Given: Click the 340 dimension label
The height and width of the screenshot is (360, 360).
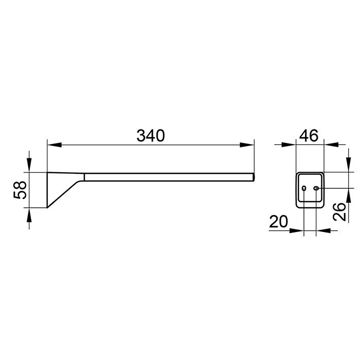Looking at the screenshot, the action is coord(151,136).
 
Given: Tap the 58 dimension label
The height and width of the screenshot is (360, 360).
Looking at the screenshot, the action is coord(20,190).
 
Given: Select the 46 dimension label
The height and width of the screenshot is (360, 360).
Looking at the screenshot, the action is coord(309,135).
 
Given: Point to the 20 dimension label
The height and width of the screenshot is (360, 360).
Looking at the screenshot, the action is coord(278,221).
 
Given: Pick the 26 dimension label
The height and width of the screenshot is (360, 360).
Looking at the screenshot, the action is coord(339,212).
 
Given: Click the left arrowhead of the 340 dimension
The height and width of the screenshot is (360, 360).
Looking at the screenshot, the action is coord(55,145).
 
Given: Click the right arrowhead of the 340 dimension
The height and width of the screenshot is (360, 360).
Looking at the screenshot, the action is coord(247,145).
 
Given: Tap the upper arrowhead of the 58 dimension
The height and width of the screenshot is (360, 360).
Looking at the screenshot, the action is coord(29,165).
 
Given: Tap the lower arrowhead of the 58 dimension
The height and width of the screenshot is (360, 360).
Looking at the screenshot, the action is coord(29,215).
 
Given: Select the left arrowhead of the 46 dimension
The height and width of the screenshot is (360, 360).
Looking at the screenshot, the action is coord(289,145).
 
